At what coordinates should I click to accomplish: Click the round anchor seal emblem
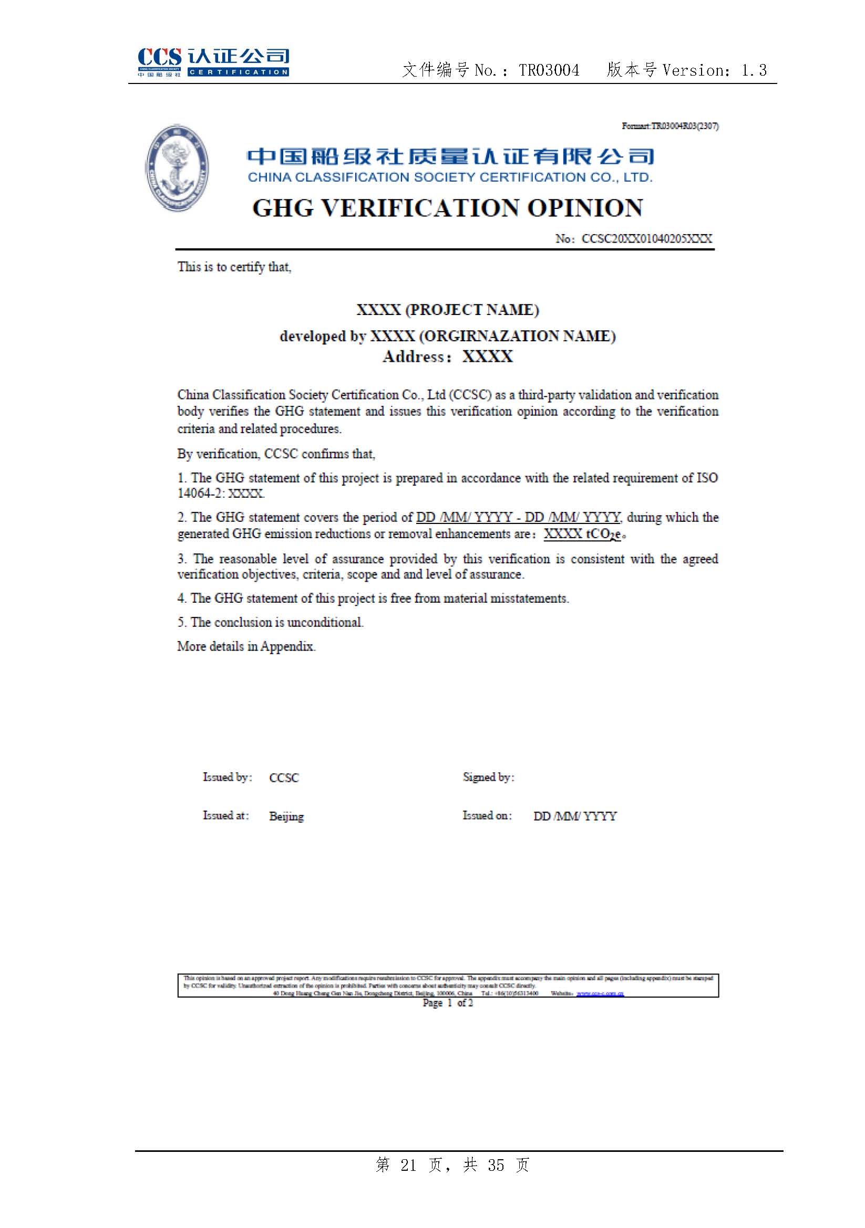177,168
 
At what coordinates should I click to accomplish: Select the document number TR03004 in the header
549,70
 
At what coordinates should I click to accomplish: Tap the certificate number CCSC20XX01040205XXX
646,238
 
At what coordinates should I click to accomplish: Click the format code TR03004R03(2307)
685,126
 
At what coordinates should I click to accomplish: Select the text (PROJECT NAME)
471,310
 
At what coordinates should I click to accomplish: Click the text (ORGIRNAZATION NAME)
517,336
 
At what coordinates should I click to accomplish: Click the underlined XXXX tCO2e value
582,534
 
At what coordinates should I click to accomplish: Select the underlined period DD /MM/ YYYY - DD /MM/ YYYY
518,517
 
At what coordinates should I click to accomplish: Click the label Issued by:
227,777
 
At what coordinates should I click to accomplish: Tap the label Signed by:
488,777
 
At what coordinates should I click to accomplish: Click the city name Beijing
286,816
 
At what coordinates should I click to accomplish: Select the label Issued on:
487,816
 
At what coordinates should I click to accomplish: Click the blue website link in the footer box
600,993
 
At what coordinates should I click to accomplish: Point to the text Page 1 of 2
448,1003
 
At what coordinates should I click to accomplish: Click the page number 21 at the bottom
408,1165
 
